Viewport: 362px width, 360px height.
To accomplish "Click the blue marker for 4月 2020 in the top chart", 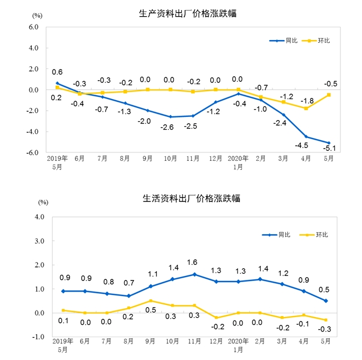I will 305,136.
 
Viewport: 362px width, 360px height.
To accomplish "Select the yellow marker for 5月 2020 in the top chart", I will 329,95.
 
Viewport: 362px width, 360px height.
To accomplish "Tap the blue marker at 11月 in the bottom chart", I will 194,274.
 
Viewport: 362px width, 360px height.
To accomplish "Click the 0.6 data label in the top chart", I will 57,72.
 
